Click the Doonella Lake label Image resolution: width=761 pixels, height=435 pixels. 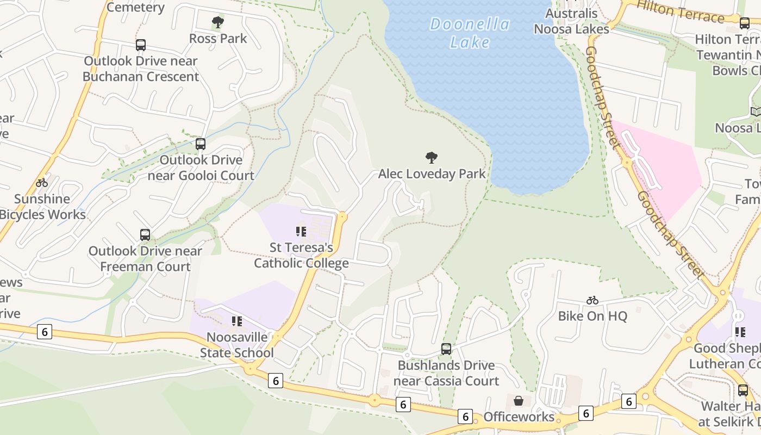470,33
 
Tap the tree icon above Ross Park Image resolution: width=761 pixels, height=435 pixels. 218,22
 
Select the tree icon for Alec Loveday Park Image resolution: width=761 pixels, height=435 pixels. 432,158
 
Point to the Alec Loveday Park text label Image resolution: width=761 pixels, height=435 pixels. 432,174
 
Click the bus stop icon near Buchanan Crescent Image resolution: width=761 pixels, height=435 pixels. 141,45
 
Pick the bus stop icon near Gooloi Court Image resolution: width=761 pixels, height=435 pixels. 201,144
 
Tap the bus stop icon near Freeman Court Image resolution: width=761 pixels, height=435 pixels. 145,235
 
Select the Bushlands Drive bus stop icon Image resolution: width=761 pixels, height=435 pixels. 446,349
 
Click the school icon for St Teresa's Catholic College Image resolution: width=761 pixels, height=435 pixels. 301,232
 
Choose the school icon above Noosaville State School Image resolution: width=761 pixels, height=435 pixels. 236,321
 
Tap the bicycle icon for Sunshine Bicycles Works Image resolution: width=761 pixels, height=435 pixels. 42,183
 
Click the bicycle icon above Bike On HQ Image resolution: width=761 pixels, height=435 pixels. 592,300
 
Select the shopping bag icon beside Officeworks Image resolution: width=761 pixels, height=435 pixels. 519,401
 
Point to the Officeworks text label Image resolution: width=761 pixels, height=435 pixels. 519,417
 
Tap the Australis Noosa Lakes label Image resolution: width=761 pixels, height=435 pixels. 571,21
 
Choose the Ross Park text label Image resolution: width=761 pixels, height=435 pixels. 218,39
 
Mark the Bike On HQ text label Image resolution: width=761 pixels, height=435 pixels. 592,316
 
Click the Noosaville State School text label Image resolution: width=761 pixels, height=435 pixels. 237,345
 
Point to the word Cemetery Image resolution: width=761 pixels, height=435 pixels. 135,7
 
